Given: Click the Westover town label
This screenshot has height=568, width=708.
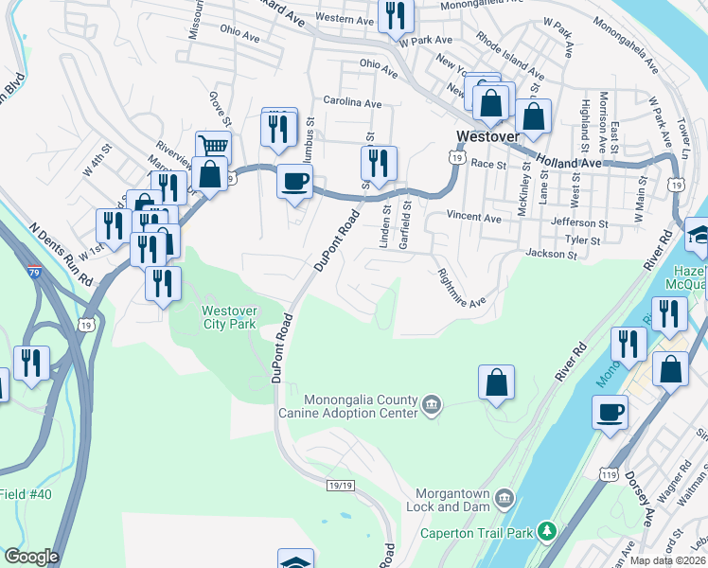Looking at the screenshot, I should click(x=487, y=136).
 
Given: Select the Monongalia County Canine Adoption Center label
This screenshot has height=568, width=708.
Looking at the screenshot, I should click(x=360, y=406).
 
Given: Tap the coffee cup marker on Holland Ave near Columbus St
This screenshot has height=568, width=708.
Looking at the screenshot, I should click(x=294, y=181).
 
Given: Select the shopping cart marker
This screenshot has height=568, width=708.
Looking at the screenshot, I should click(x=214, y=148).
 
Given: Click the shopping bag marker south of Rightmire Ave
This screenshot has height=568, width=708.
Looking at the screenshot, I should click(x=496, y=383).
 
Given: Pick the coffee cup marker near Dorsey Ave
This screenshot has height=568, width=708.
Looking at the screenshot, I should click(x=611, y=412).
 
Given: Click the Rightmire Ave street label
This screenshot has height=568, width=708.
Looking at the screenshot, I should click(x=461, y=288).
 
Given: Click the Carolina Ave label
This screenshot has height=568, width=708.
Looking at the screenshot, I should click(x=352, y=102).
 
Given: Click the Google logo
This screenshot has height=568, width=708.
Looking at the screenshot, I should click(x=31, y=557).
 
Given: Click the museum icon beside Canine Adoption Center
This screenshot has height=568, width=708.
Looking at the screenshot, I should click(x=432, y=405).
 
